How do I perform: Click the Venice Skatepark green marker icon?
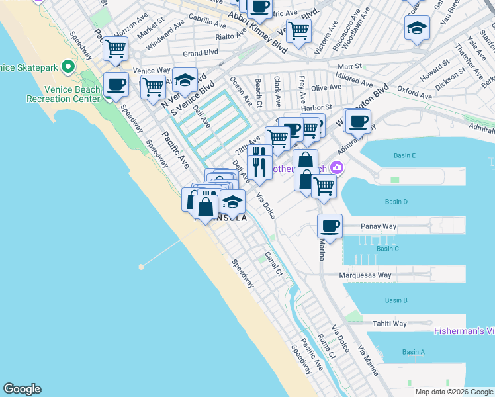pos(67,67)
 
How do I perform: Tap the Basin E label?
pos(404,155)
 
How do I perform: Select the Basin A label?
pos(414,352)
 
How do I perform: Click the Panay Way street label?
pos(378,226)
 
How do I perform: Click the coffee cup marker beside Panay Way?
pos(330,226)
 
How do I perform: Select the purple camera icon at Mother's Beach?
pos(337,167)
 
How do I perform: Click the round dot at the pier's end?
pos(141,267)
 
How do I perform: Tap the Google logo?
pos(22,389)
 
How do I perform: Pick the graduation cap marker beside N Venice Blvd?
pos(185,79)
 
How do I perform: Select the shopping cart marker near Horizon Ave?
pos(116,48)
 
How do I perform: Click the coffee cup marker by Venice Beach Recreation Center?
pos(116,85)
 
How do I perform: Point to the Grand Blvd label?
pos(201,53)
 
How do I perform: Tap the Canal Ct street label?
pos(273,263)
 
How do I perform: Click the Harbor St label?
pos(316,107)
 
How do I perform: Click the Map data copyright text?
pos(453,392)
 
